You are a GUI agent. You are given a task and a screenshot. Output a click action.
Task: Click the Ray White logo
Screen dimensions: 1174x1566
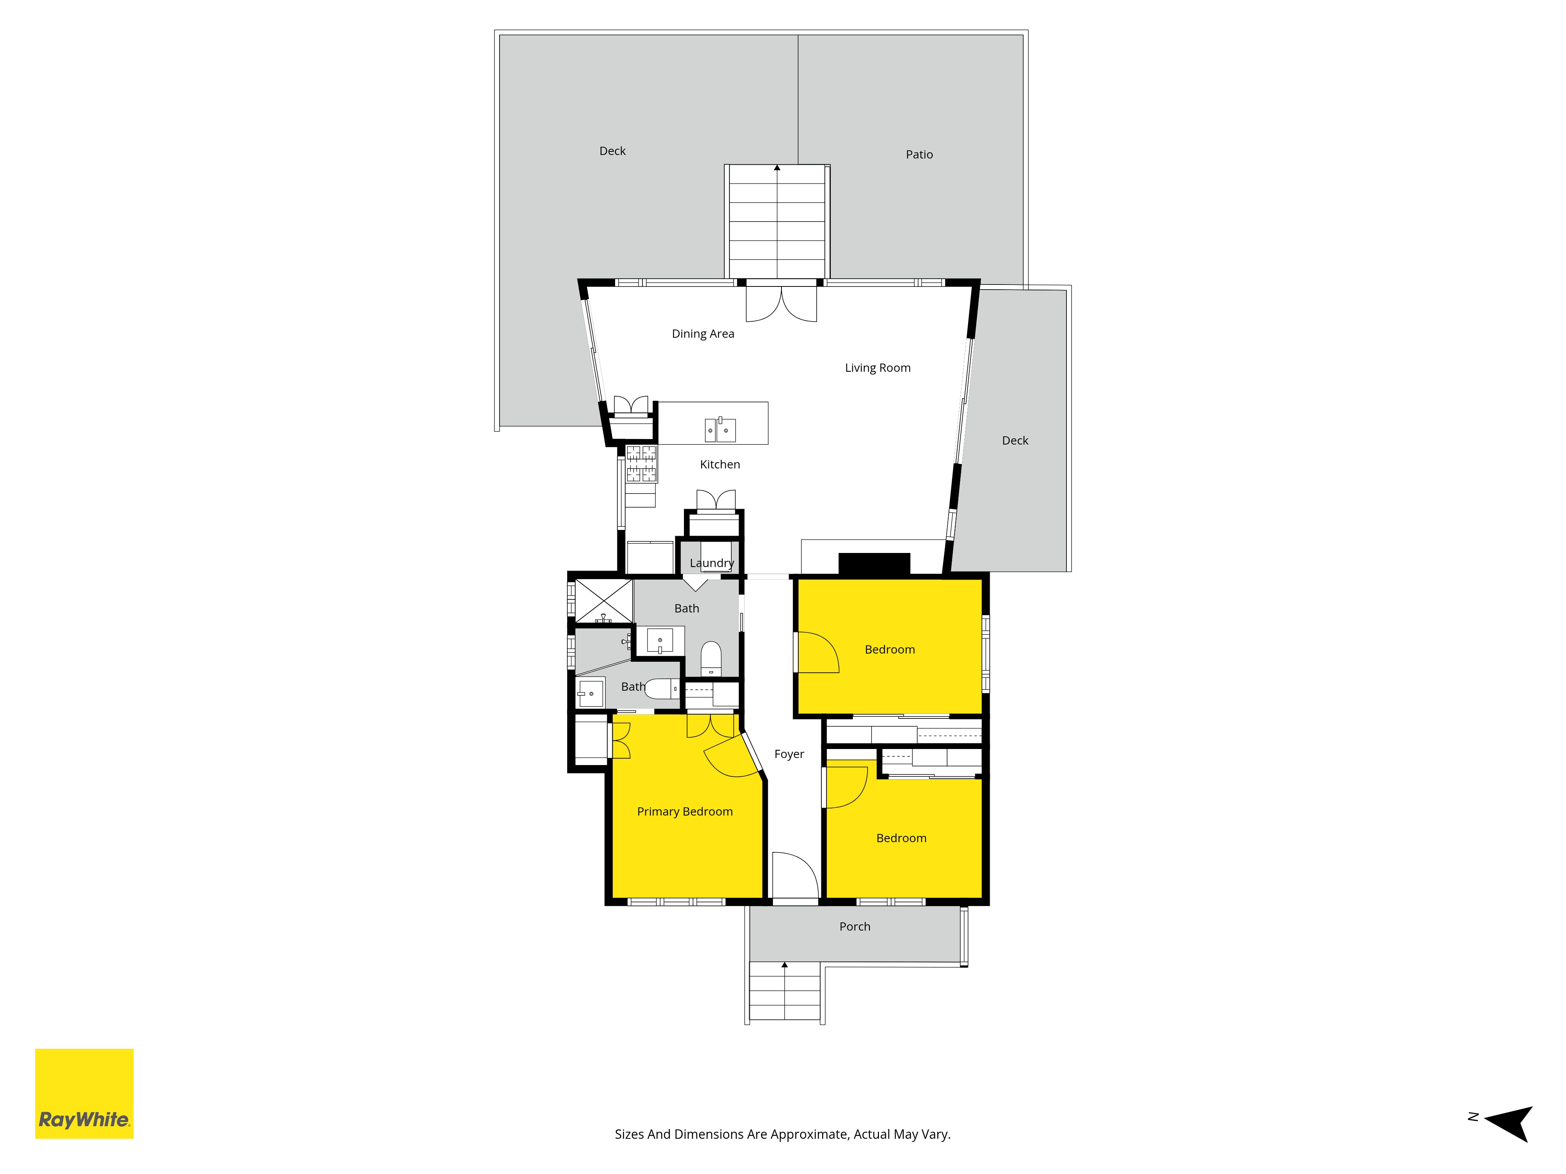coord(84,1093)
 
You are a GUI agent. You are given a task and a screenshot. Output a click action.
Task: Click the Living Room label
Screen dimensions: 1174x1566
coord(877,368)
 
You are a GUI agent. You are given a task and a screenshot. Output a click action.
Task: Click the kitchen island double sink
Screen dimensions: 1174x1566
coord(719,430)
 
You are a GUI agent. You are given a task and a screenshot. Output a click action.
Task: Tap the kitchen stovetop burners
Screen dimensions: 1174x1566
coord(641,463)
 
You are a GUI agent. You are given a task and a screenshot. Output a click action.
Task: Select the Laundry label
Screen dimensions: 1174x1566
coord(711,563)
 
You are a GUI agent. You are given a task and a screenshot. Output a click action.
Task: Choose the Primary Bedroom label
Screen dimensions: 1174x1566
coord(685,812)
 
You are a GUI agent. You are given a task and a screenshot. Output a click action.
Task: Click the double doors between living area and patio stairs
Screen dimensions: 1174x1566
coord(781,303)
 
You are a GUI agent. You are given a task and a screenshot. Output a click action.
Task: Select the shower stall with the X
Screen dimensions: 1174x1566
coord(603,601)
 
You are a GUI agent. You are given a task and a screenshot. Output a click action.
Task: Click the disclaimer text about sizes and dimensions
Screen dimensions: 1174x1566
coord(782,1134)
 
